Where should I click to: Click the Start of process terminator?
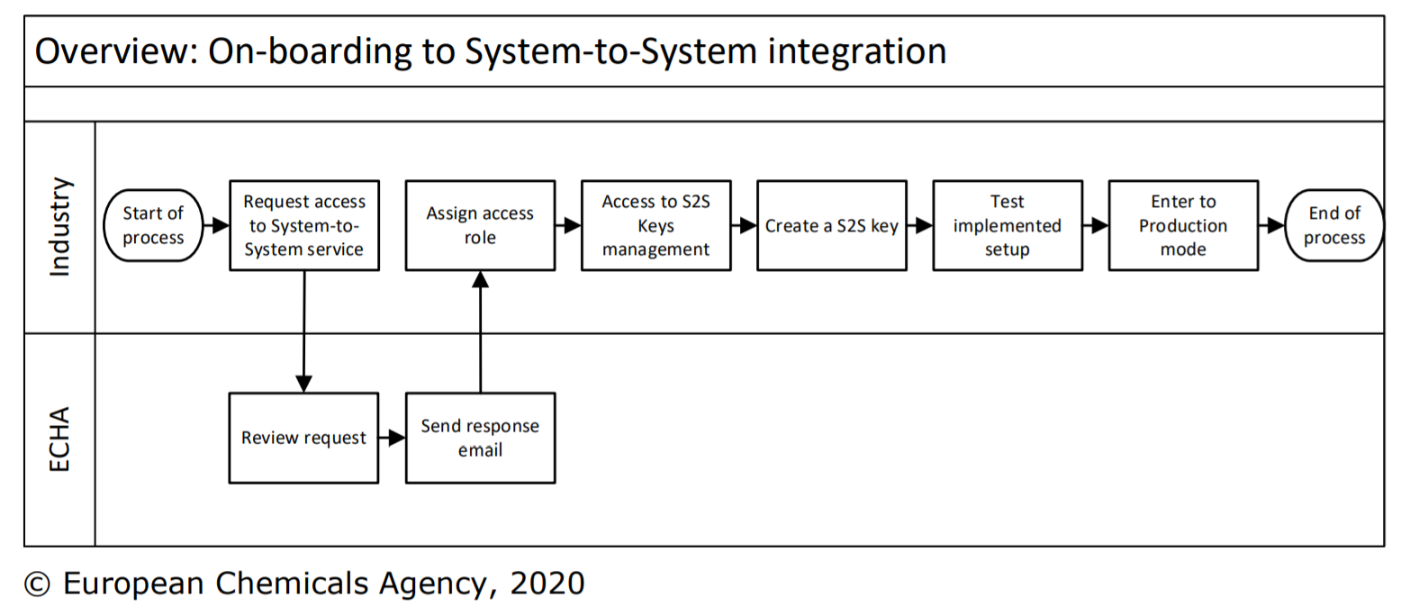(x=153, y=225)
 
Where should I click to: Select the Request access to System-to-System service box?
(x=304, y=225)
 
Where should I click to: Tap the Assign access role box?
(x=480, y=225)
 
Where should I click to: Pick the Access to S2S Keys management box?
(x=655, y=225)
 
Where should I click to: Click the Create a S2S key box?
(x=832, y=225)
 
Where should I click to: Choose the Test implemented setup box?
(x=1008, y=225)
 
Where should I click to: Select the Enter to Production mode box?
(x=1183, y=225)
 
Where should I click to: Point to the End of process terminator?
(x=1333, y=225)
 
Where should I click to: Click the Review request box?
(x=303, y=439)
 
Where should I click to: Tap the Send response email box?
(x=480, y=439)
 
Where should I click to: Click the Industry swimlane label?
(x=60, y=227)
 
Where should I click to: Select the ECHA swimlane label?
(x=59, y=439)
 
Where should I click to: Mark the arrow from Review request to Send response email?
(x=393, y=439)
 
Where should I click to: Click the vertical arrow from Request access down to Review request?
(x=304, y=331)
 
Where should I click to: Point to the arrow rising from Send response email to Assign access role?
(x=480, y=331)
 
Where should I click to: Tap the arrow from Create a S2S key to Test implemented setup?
(x=919, y=225)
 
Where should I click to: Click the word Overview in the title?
(x=116, y=51)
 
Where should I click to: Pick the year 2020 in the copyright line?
(x=547, y=583)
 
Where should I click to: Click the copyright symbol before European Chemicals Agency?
(x=37, y=584)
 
